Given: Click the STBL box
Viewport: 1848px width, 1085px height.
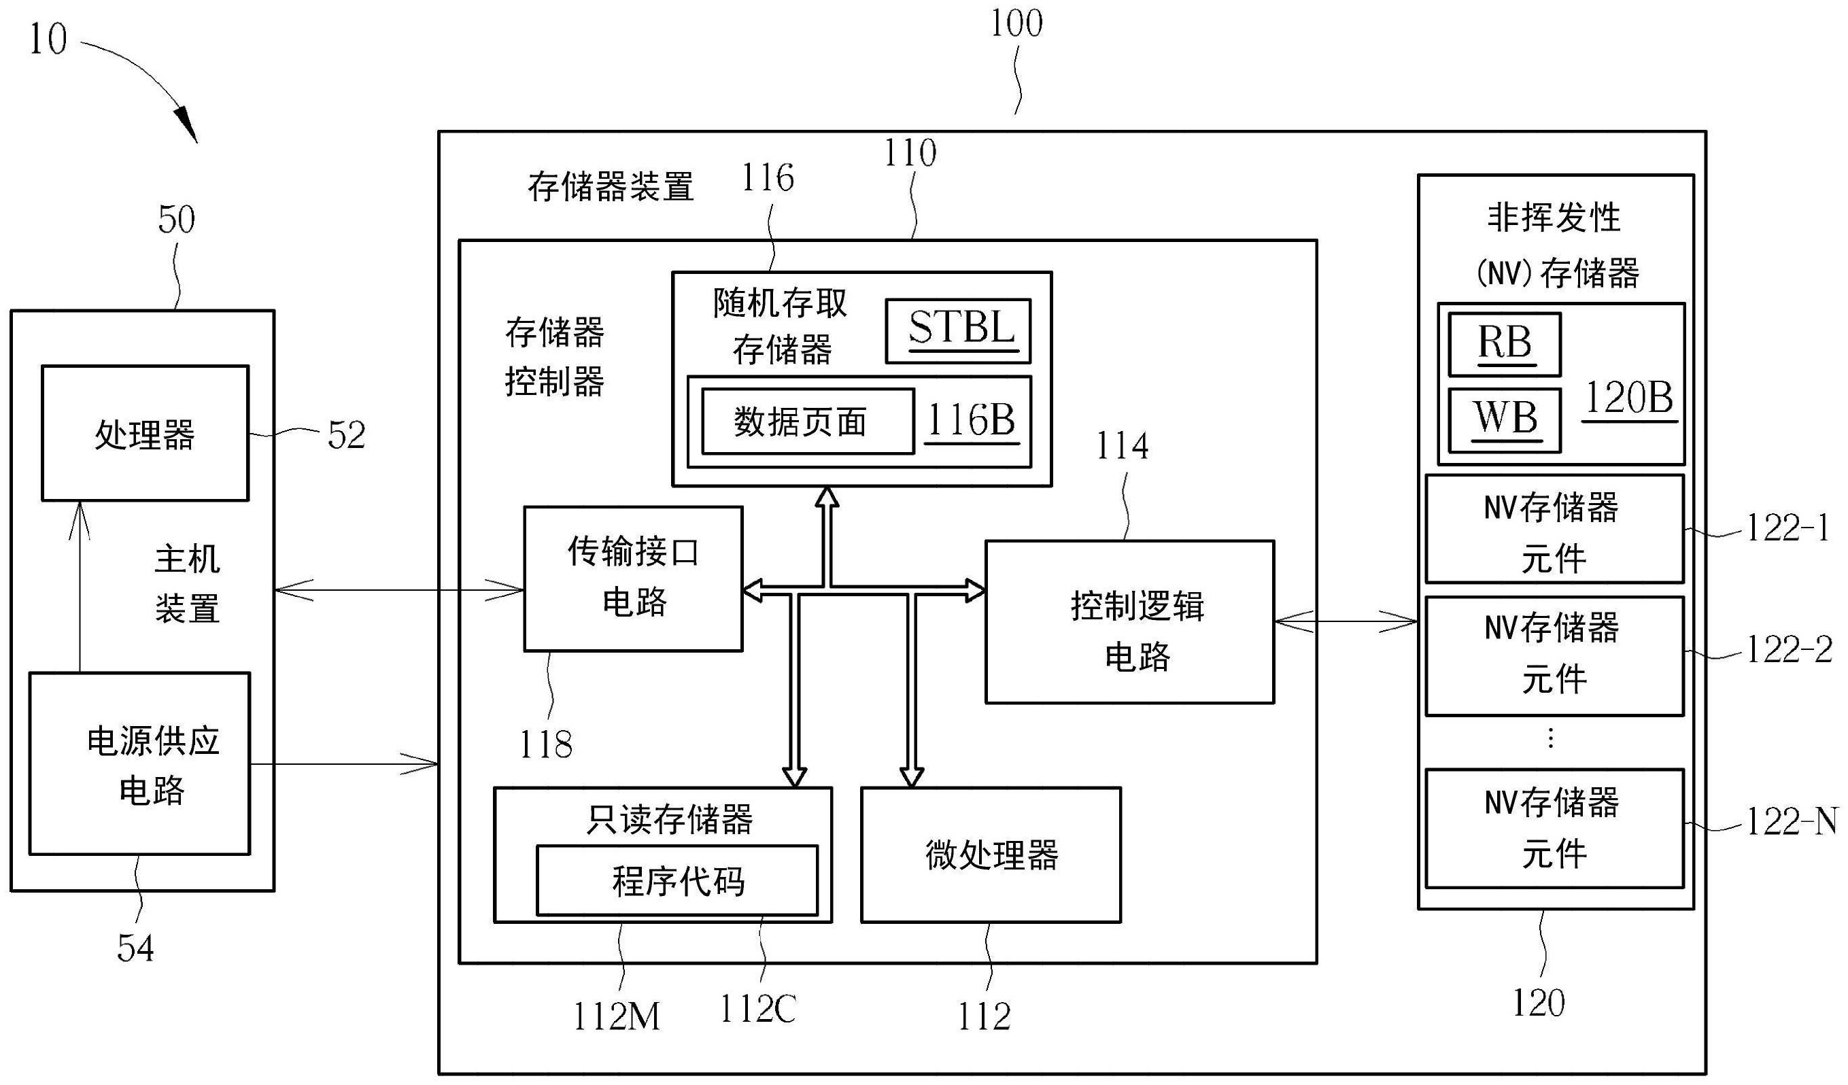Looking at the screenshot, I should point(958,330).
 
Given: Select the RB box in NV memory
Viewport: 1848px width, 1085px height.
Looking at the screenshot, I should point(1504,344).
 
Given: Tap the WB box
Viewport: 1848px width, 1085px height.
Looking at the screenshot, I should point(1504,420).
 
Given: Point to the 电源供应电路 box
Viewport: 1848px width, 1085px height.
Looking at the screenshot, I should point(139,763).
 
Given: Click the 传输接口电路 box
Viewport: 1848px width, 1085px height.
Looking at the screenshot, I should point(633,579).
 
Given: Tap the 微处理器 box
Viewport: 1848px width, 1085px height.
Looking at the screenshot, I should point(990,855).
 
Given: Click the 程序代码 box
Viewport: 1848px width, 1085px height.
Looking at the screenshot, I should point(677,880).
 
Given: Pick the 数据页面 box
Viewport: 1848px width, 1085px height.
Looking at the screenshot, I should point(808,421).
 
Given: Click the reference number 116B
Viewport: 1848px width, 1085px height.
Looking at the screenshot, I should point(972,421).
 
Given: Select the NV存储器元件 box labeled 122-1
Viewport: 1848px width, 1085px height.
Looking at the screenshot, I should point(1553,529).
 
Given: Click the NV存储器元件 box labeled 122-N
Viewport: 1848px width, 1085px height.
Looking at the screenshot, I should point(1553,827).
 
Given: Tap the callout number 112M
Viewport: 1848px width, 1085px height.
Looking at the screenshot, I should point(616,1017).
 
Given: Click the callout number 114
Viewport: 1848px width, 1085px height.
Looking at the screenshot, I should point(1121,447).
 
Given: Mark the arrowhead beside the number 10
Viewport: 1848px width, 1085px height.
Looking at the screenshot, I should point(186,124).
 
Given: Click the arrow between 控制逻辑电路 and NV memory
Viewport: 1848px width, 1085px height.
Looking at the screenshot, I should point(1345,623).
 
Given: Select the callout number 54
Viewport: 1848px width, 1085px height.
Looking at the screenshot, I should point(136,948).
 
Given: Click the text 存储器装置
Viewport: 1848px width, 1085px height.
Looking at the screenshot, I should point(610,186).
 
